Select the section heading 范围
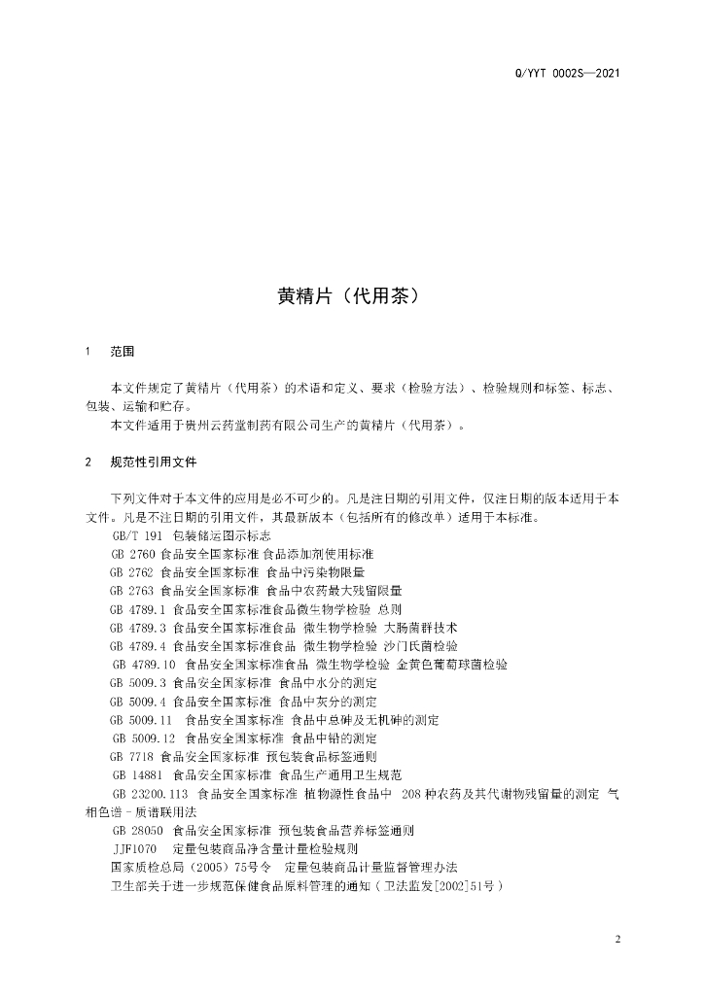coord(123,351)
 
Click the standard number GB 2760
coord(133,553)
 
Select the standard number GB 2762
coord(133,571)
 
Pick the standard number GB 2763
coord(133,590)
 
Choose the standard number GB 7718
coord(133,756)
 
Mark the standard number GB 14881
coord(137,774)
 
